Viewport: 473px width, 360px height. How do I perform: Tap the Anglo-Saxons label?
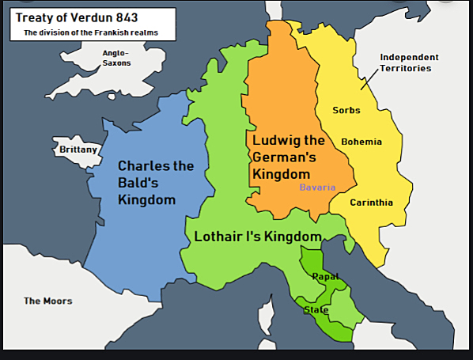click(116, 58)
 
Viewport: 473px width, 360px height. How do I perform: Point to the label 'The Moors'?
click(47, 301)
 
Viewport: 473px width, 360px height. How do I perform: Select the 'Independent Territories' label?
click(409, 63)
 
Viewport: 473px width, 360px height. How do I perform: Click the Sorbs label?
click(346, 110)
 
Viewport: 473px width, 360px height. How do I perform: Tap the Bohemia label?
click(361, 142)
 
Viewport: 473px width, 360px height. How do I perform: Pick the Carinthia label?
click(372, 203)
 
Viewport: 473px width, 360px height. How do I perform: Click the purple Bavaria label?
click(317, 188)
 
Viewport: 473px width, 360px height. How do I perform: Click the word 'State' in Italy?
click(316, 309)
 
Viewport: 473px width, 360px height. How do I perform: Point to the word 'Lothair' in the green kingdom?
click(217, 237)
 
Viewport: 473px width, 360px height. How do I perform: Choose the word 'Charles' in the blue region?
click(145, 166)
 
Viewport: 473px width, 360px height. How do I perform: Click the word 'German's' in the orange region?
click(282, 157)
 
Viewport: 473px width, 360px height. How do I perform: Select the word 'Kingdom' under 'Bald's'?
click(146, 199)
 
